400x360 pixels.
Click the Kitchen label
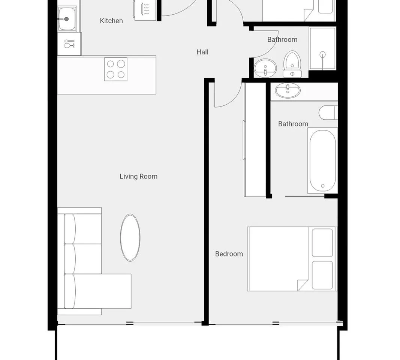pos(111,21)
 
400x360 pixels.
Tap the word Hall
pos(202,52)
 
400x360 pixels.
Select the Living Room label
pos(139,176)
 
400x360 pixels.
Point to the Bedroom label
pos(229,254)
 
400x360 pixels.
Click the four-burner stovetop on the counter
pos(115,69)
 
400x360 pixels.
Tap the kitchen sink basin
pos(67,19)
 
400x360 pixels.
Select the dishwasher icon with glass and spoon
pos(69,44)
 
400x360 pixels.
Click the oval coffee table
pos(130,237)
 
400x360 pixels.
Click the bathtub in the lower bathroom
pos(322,160)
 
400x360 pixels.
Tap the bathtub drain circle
pos(323,186)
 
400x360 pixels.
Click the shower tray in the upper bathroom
pos(322,48)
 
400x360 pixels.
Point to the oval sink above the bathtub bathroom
pos(288,90)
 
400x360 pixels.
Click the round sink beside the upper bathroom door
pos(265,68)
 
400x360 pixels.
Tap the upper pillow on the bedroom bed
pos(322,243)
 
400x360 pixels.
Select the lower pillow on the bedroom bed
pos(322,275)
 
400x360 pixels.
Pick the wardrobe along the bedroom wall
pos(255,139)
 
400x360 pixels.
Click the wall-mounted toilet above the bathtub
pos(328,113)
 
